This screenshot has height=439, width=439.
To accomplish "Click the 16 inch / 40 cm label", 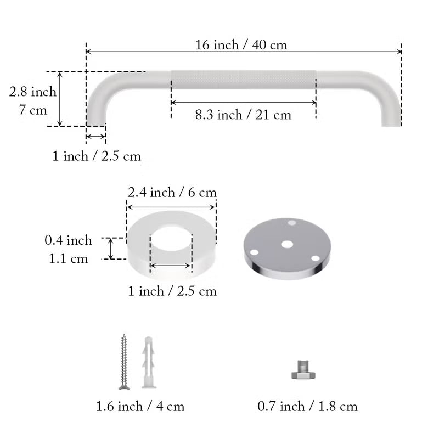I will tap(241, 44).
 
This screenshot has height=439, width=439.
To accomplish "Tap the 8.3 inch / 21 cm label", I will tap(243, 115).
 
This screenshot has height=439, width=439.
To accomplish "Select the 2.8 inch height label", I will tap(33, 92).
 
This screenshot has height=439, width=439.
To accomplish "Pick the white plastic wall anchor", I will tap(147, 362).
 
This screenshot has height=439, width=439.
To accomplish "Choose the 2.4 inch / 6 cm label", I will tap(172, 193).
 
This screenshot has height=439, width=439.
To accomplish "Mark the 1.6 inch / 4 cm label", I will tap(140, 407).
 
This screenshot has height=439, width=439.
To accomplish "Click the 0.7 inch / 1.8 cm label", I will tap(307, 407).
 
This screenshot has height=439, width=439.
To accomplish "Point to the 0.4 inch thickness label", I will tap(68, 240).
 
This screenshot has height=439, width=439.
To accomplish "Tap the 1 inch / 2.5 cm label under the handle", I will tap(97, 156).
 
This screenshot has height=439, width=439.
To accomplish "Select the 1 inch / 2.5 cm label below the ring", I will tap(172, 291).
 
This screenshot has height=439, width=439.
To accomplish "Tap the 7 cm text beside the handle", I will tap(33, 109).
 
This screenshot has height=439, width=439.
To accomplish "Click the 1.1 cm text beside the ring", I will tap(68, 258).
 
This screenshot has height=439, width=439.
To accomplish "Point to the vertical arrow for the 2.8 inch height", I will tap(61, 99).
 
